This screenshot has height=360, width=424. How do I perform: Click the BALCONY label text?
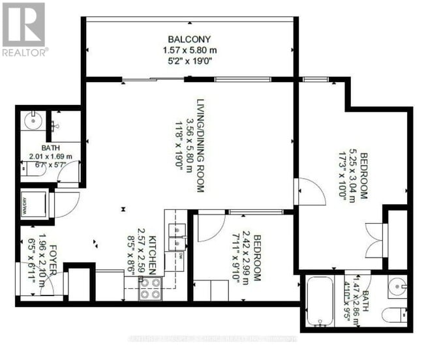189,38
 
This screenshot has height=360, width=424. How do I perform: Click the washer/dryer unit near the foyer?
33,204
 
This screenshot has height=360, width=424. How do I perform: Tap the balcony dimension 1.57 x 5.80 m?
189,49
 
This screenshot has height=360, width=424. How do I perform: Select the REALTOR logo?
23,29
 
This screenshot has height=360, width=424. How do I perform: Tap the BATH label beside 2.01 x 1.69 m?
50,148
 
